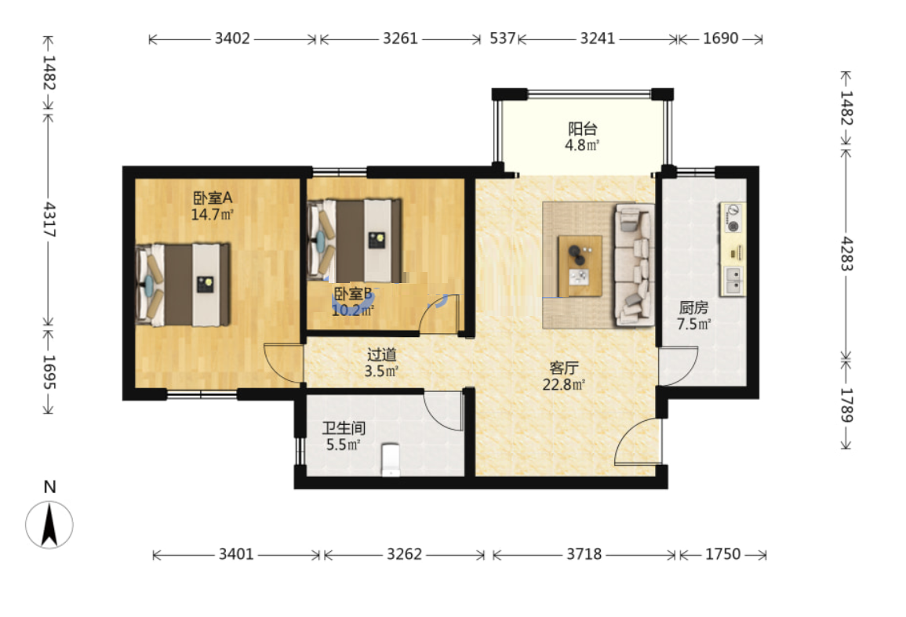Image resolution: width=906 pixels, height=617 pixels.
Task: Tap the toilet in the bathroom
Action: [391, 459]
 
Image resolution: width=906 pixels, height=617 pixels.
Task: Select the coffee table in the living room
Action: [580, 266]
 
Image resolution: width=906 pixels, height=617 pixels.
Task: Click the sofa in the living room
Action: [635, 264]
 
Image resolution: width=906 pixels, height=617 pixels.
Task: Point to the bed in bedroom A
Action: [184, 285]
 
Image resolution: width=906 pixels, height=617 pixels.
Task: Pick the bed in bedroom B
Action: [355, 241]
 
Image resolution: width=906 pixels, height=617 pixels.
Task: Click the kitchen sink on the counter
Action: [733, 280]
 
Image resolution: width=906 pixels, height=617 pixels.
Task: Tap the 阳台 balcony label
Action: [582, 129]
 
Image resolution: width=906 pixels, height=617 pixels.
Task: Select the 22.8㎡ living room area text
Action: [564, 384]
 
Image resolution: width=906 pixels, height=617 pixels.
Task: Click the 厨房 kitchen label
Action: [693, 307]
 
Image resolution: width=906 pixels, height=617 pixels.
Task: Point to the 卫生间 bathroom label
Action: [344, 428]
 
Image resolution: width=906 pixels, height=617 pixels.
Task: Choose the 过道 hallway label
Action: [381, 354]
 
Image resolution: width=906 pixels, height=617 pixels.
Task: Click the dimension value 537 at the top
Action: [502, 38]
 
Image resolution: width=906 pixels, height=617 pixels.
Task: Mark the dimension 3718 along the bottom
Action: [584, 554]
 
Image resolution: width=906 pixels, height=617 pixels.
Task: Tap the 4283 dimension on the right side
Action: [846, 253]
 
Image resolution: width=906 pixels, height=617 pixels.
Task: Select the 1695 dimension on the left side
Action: [49, 372]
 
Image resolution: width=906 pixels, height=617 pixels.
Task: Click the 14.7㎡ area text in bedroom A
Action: [212, 215]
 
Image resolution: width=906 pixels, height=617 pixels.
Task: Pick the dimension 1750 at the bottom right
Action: [722, 554]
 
